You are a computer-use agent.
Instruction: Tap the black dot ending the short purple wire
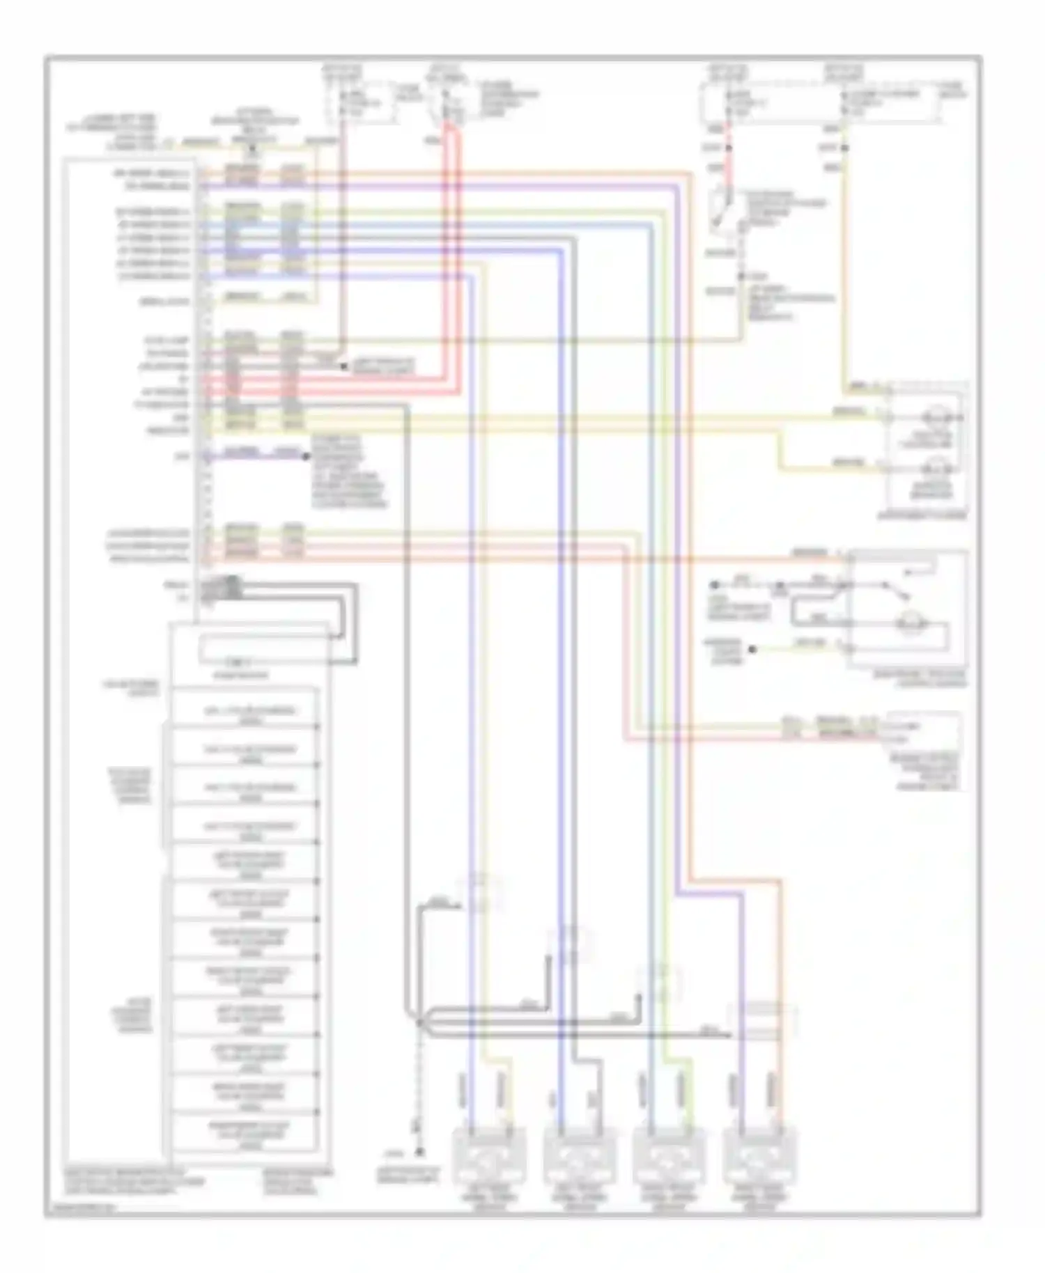(x=305, y=456)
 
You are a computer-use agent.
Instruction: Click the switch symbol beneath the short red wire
(x=725, y=209)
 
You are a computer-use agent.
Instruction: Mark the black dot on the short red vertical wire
(x=729, y=148)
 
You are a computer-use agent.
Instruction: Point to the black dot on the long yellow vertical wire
(x=844, y=148)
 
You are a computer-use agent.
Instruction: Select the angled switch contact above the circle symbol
(x=899, y=588)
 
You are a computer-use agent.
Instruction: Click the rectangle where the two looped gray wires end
(x=265, y=649)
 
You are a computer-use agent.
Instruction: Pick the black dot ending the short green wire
(x=752, y=649)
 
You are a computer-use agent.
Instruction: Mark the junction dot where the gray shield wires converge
(x=419, y=1022)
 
